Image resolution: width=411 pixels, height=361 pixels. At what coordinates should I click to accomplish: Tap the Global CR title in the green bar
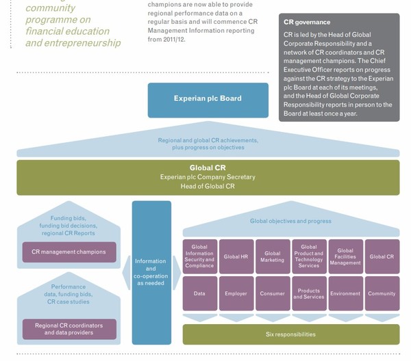[208, 168]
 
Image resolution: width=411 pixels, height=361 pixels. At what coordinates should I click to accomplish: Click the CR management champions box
[68, 252]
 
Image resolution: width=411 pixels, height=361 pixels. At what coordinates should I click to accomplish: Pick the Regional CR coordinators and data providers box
[68, 329]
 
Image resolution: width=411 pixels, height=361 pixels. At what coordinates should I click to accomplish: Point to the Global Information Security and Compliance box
[199, 256]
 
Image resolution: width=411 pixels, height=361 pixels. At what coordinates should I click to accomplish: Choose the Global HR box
[236, 256]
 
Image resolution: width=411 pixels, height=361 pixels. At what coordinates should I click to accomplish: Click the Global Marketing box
[273, 256]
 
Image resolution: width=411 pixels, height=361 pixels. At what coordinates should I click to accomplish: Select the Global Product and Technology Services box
[309, 256]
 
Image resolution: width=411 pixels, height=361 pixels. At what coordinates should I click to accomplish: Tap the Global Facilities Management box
[345, 256]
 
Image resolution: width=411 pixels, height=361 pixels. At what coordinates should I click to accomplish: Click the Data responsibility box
[199, 294]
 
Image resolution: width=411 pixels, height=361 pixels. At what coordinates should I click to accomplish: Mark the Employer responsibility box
[236, 294]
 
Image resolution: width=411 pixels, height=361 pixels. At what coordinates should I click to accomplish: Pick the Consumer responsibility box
[273, 294]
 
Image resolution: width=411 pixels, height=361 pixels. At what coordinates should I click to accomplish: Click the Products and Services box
[309, 294]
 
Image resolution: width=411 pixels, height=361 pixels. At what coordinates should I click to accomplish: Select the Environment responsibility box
[345, 294]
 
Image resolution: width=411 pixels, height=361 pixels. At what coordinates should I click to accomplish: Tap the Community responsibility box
[382, 294]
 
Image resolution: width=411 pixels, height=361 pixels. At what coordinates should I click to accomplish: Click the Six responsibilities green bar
[290, 334]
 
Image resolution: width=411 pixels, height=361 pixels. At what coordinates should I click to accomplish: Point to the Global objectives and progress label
[290, 222]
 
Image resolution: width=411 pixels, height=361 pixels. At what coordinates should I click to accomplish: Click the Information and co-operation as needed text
[151, 272]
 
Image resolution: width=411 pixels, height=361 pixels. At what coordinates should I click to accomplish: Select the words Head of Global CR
[208, 187]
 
